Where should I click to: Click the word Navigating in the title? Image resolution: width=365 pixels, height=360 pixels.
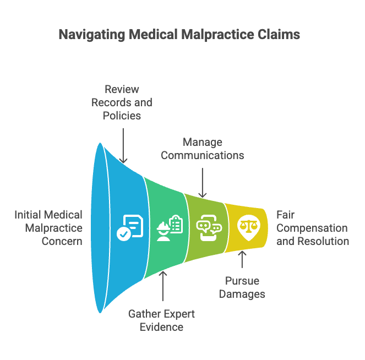(x=92, y=35)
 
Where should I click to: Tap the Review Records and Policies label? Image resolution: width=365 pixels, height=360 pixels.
(x=122, y=102)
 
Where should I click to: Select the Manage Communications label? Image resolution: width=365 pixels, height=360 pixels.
(x=202, y=149)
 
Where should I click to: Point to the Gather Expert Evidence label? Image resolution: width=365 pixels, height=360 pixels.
(x=161, y=320)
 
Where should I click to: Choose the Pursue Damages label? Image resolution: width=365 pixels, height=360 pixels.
(x=242, y=287)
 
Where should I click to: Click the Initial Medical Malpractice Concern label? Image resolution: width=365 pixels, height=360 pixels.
(x=48, y=228)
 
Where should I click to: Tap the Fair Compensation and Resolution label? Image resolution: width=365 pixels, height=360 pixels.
(x=313, y=228)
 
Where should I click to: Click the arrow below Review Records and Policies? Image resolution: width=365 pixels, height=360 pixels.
(x=123, y=145)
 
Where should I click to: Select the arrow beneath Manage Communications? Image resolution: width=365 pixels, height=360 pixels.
(x=203, y=183)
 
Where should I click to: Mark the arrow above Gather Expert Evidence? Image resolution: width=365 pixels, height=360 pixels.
(x=163, y=286)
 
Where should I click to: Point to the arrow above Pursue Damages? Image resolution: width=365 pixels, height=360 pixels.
(x=242, y=259)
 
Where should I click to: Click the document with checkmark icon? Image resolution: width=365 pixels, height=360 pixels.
(x=130, y=228)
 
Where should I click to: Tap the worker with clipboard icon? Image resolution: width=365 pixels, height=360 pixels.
(x=170, y=228)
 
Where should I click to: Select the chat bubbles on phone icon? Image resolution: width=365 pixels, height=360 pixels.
(x=209, y=228)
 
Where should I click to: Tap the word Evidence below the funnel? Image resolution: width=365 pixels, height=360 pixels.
(x=161, y=327)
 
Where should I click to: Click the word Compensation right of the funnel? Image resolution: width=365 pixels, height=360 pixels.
(x=312, y=228)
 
